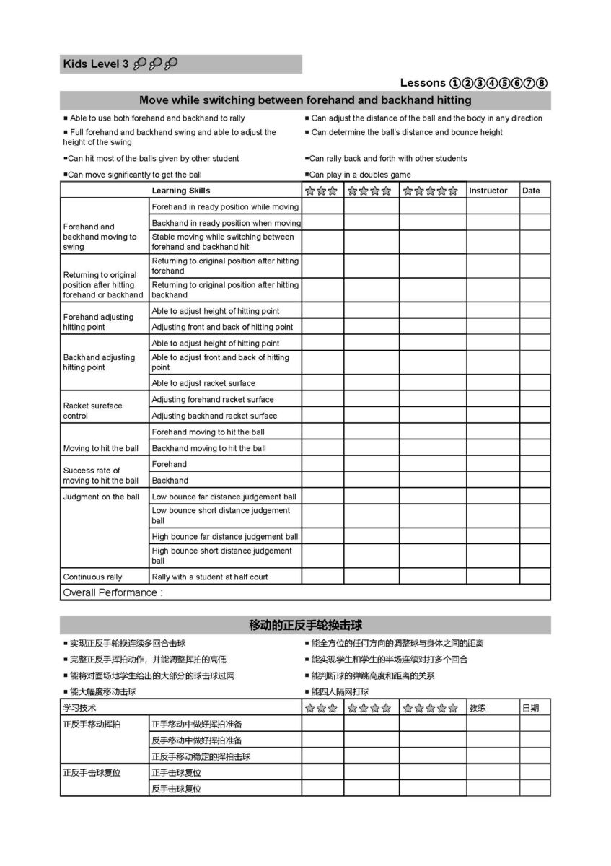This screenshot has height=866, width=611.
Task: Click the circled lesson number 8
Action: (x=542, y=83)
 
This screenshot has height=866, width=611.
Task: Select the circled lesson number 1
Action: (x=454, y=83)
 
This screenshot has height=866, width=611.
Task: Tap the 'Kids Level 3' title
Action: (x=95, y=64)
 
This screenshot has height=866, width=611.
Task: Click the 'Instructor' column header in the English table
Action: (x=488, y=191)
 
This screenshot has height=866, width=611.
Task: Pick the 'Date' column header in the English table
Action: (x=531, y=191)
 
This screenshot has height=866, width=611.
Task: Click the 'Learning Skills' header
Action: (x=181, y=191)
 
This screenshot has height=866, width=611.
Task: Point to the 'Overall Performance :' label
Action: (x=113, y=592)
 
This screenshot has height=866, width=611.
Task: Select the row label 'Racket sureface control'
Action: (x=92, y=411)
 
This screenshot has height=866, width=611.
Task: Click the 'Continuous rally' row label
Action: (x=92, y=577)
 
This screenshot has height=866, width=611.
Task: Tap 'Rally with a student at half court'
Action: (x=210, y=577)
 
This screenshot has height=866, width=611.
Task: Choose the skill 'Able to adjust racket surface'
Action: (x=203, y=383)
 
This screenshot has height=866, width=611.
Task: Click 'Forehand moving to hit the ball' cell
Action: (x=208, y=432)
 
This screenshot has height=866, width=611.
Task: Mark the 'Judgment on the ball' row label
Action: (x=101, y=497)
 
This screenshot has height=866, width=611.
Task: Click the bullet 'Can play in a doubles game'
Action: (x=360, y=175)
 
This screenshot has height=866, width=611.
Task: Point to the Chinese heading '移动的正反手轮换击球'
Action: (x=305, y=625)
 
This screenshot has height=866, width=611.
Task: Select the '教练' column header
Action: (x=478, y=708)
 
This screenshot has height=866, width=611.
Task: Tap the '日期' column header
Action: (x=530, y=708)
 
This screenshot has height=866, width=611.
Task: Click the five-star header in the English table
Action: (x=431, y=191)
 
